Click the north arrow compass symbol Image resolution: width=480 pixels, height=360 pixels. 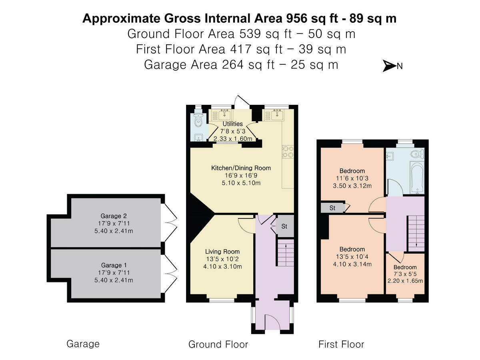click(392, 66)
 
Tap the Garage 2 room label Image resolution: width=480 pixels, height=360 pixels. click(114, 216)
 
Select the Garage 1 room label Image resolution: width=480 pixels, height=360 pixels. click(114, 265)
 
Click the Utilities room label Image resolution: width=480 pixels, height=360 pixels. click(233, 124)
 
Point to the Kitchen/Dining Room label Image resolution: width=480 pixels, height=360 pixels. click(241, 168)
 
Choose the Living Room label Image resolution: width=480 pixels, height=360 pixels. click(222, 252)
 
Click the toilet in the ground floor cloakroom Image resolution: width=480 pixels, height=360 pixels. click(198, 120)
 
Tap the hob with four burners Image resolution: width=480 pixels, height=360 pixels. click(288, 152)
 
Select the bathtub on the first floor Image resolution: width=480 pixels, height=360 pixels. click(417, 178)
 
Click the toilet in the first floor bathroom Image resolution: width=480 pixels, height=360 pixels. click(418, 154)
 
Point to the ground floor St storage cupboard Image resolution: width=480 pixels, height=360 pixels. click(284, 226)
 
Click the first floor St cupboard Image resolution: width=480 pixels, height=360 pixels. click(333, 208)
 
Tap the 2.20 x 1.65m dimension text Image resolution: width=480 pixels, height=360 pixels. click(405, 281)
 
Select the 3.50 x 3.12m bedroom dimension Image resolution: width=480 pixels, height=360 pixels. click(352, 186)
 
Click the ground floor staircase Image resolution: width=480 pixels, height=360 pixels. click(286, 252)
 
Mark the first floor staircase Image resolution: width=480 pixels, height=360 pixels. click(416, 233)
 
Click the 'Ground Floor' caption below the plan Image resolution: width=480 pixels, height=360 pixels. click(218, 344)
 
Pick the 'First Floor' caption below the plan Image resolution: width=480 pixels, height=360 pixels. click(341, 344)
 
